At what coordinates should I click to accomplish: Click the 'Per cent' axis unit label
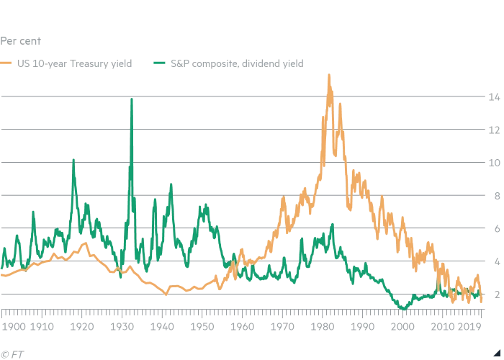[19, 41]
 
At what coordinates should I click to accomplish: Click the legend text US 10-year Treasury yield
[76, 63]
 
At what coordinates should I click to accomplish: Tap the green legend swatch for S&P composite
[160, 63]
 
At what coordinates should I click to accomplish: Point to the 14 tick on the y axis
[492, 96]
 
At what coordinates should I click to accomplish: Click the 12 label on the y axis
[492, 130]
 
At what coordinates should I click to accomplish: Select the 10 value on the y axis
[492, 163]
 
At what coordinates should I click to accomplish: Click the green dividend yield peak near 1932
[131, 99]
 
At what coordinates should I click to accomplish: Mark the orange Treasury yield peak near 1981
[329, 75]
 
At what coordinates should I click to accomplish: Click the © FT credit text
[11, 353]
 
